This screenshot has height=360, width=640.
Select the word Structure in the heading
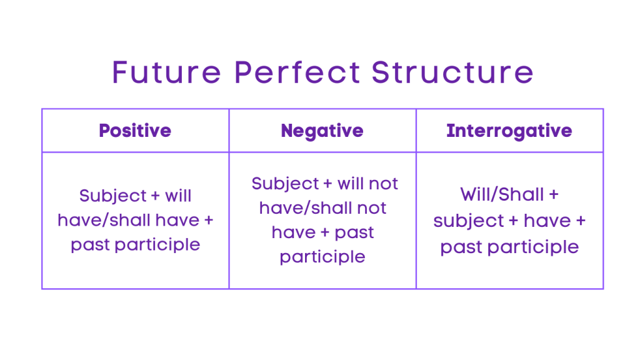[452, 72]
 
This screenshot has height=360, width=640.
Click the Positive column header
[135, 131]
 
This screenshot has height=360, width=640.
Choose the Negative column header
[322, 131]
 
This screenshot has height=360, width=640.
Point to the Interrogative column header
[509, 131]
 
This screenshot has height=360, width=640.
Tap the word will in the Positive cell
[178, 196]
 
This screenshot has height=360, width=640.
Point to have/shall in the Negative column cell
[299, 208]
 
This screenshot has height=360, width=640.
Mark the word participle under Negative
[322, 257]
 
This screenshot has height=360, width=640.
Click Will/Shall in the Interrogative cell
[501, 195]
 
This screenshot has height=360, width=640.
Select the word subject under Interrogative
[464, 221]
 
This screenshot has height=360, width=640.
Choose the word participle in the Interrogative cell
[531, 247]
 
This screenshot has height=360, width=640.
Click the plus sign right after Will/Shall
[553, 196]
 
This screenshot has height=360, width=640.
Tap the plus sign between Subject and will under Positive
[156, 196]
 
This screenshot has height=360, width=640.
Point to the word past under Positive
[90, 245]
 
